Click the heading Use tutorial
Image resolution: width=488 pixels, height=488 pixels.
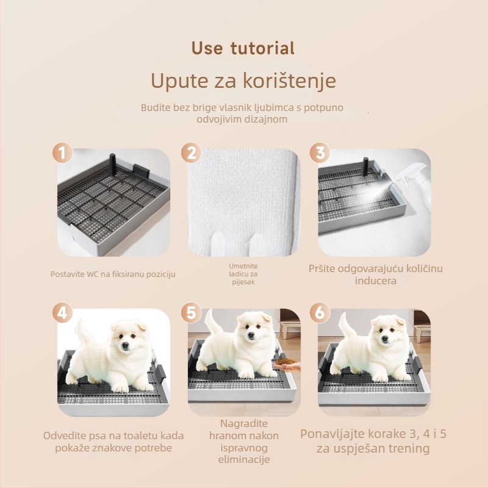tap(243, 48)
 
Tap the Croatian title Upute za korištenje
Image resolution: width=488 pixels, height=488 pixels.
tap(243, 81)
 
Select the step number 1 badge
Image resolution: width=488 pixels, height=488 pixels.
tap(62, 153)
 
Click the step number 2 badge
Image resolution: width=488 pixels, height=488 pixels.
tap(192, 153)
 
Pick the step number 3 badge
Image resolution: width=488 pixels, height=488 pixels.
tap(320, 153)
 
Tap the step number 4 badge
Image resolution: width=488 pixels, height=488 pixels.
tap(62, 313)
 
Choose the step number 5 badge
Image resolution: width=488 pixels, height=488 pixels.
tap(192, 313)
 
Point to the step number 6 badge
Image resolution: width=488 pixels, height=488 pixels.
tap(320, 313)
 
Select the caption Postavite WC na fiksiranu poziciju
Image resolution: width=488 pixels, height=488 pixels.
tap(113, 274)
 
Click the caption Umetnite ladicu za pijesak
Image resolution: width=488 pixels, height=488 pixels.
tap(243, 274)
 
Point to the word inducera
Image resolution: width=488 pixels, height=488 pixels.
tap(376, 281)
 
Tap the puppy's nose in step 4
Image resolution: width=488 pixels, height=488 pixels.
tap(126, 345)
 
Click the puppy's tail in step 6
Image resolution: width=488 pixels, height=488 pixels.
tap(345, 325)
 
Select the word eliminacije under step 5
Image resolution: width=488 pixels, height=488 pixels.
tap(244, 460)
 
